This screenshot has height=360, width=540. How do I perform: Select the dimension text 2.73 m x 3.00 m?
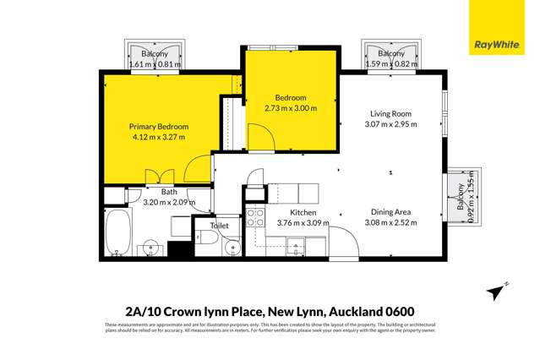290,108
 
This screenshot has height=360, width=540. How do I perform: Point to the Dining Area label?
390,212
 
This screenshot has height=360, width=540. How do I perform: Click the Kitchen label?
302,212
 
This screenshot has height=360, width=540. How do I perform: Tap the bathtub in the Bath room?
117,234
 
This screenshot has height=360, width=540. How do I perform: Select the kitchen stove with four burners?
296,245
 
